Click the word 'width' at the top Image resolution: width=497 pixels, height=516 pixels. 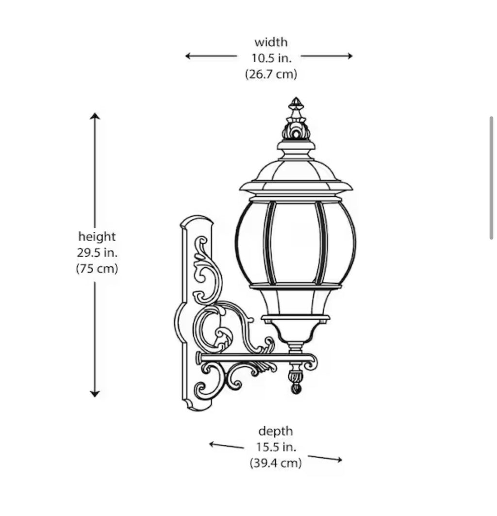click(271, 42)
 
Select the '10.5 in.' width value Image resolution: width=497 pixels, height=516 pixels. click(271, 58)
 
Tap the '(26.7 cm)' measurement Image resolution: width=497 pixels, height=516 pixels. click(271, 74)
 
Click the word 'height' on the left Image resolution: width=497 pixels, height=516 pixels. click(97, 236)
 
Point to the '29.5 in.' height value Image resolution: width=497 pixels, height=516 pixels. click(97, 252)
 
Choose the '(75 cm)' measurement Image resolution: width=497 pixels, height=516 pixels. click(97, 268)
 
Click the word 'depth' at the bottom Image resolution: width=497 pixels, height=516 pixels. click(276, 431)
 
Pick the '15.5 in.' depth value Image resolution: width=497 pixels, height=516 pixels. click(276, 447)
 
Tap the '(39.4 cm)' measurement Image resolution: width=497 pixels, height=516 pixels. click(276, 463)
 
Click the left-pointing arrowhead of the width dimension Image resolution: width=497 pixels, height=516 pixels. click(188, 56)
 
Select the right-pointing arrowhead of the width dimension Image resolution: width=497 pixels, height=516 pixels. click(350, 56)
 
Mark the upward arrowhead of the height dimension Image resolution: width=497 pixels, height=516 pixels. click(95, 116)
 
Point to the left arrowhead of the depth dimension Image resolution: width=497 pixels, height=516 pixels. click(213, 444)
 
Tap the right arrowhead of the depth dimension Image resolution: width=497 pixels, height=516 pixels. click(339, 460)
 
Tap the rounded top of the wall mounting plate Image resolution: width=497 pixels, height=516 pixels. click(197, 221)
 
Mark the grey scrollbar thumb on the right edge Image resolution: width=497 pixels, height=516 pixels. click(491, 178)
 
